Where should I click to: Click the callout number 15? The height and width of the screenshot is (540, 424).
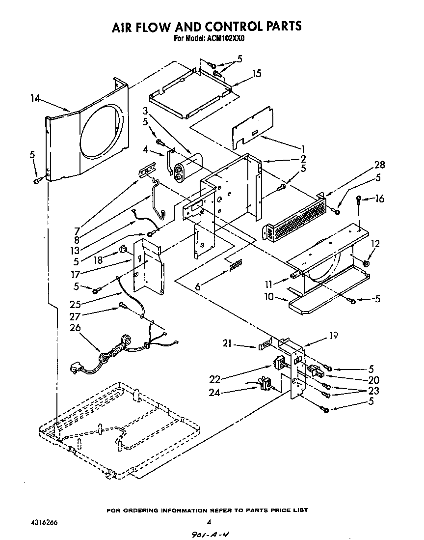tap(256, 74)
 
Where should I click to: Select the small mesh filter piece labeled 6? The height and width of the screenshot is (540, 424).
tap(236, 265)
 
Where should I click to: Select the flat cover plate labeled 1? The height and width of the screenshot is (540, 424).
tap(252, 126)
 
